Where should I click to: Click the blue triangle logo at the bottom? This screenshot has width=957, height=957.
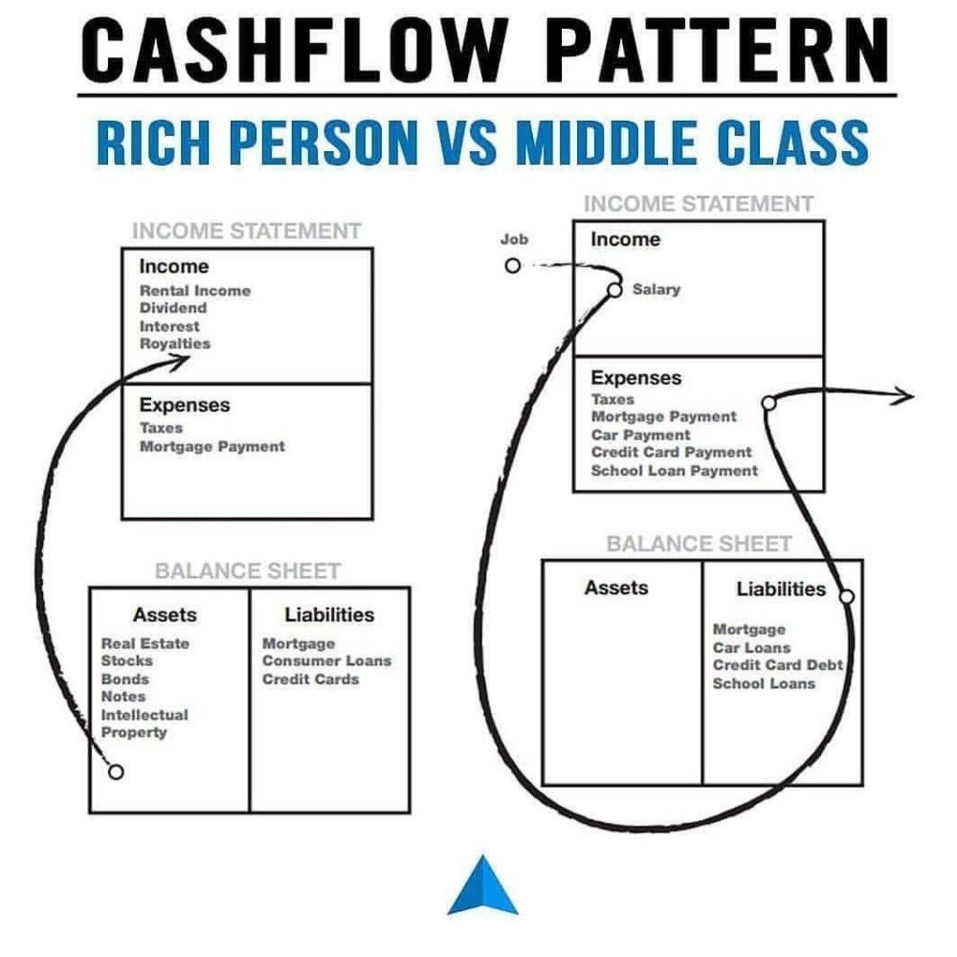pos(482,885)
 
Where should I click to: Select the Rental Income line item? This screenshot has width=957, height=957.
pos(194,290)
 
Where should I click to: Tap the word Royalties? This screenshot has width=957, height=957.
pos(174,344)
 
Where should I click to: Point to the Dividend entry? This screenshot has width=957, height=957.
pos(172,308)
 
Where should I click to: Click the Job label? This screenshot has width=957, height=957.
pos(514,239)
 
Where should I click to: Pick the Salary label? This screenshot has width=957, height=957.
pos(656,289)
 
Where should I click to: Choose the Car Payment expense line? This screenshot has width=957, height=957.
pos(640,434)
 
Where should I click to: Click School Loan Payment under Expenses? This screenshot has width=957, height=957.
pos(674,470)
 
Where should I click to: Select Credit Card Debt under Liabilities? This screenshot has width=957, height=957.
pos(777,665)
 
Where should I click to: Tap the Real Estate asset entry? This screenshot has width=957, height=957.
pos(145,643)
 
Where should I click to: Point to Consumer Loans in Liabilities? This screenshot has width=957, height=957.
pos(326,660)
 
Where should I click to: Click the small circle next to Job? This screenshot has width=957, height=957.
pos(513,266)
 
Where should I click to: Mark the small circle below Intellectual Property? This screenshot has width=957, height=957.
pos(116,771)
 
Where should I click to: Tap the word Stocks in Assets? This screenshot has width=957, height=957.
pos(126,660)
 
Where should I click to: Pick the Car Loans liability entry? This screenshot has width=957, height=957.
pos(751,648)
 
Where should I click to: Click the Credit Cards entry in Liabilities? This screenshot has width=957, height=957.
pos(310,679)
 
